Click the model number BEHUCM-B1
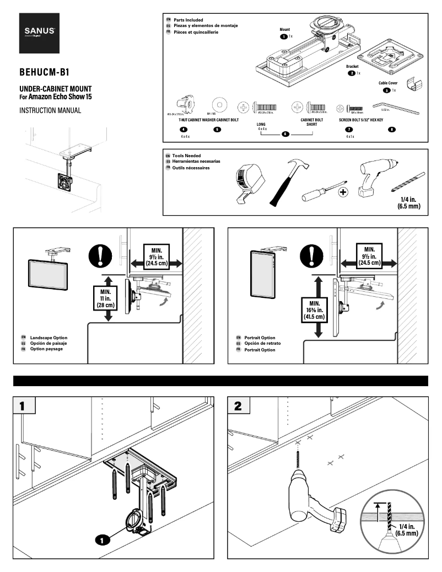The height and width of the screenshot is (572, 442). (x=44, y=72)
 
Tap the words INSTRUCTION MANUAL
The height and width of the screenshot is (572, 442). (x=50, y=110)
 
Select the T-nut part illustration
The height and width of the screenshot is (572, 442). (x=184, y=104)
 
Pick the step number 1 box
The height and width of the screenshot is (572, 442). (x=24, y=407)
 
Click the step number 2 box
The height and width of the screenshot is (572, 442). (x=239, y=407)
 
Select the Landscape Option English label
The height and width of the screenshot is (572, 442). (x=49, y=338)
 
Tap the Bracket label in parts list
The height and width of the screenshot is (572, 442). (x=352, y=66)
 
